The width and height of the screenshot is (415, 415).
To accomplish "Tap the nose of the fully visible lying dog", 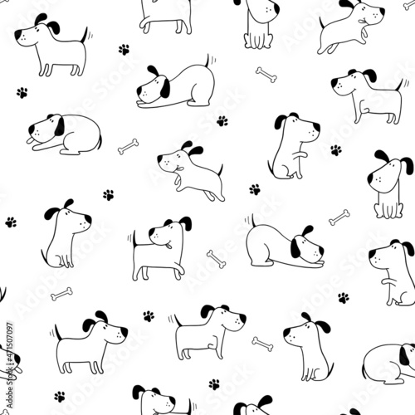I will coord(31,129).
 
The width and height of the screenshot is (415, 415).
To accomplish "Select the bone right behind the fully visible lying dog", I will coord(128,147).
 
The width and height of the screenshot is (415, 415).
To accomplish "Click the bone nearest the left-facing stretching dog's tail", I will coord(266,75).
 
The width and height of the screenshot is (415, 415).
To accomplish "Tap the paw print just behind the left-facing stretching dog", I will coord(222,120).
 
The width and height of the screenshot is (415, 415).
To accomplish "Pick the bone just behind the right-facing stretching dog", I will coord(217,259).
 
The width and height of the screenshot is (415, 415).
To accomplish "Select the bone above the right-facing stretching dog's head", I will coord(339,217).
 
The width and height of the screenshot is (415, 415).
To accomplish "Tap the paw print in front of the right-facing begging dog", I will coord(335,150).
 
